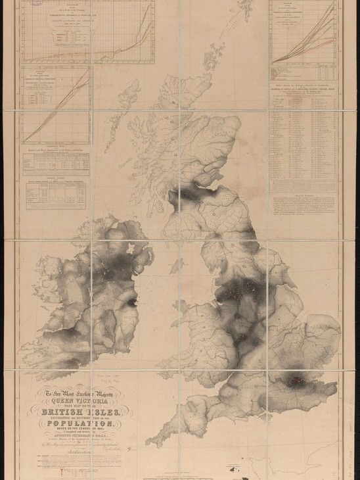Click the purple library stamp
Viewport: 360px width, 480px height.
(37, 3)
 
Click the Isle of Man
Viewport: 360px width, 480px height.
(175, 265)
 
